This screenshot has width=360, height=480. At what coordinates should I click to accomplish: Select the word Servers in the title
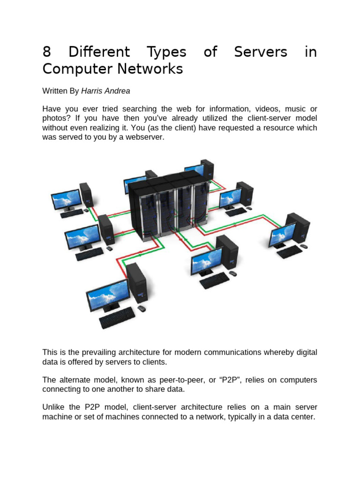(260, 52)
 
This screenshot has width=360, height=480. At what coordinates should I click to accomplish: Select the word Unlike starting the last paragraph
(54, 406)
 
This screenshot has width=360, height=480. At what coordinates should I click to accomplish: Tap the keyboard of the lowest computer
(117, 318)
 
